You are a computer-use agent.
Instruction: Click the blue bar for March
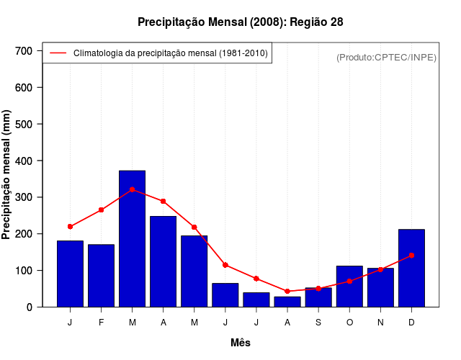pos(132,238)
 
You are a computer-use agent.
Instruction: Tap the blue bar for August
pos(287,302)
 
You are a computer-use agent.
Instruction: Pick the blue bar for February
pos(101,276)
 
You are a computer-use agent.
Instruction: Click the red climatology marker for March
pos(132,189)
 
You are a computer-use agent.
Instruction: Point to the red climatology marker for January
pos(70,227)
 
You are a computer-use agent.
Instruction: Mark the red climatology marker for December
pos(411,255)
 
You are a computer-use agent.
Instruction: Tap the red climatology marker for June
pos(225,265)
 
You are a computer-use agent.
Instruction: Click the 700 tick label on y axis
pos(24,51)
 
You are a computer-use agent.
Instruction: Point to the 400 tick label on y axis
pos(24,161)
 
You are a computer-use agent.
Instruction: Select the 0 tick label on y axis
pos(30,307)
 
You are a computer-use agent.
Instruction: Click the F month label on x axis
pos(101,323)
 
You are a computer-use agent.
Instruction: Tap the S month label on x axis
pos(318,323)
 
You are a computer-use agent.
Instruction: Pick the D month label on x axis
pos(411,323)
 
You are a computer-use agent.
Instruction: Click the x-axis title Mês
pos(241,343)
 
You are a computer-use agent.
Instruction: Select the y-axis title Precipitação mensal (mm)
pos(7,175)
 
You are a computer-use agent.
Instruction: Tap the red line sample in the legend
pos(58,53)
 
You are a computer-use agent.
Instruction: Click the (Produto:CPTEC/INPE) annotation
pos(386,57)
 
